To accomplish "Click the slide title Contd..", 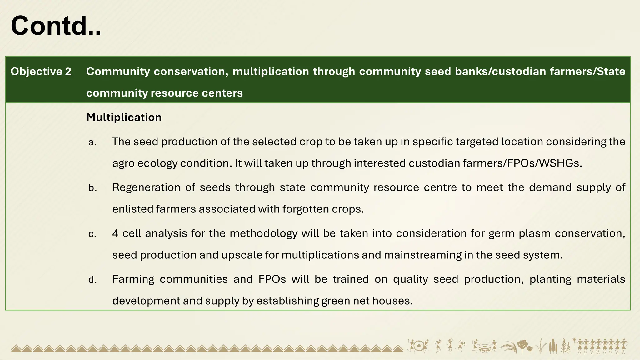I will tap(56, 26).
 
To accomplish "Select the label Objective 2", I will tap(41, 72).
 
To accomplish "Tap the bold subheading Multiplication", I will tap(124, 117).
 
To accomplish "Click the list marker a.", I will tap(92, 142).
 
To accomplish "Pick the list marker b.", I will tap(92, 188).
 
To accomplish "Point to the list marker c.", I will tap(92, 234).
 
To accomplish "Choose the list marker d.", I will tap(92, 280).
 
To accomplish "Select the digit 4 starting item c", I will tap(115, 233).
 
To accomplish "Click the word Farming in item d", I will tap(133, 279).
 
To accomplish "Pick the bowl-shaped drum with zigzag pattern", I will tap(484, 348).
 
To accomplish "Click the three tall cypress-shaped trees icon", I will tap(553, 346).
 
